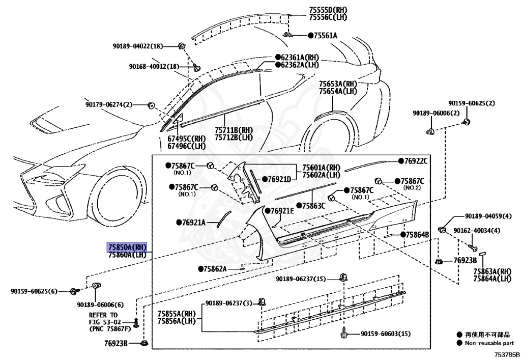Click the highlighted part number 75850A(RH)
127,247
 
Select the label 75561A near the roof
326,36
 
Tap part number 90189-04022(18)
137,46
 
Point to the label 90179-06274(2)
108,105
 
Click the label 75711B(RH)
234,130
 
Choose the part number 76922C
416,161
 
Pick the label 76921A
194,223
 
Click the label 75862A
215,268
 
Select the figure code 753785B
506,355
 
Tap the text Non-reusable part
489,343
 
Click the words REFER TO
103,315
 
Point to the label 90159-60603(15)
386,334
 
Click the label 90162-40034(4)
477,230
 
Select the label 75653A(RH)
338,84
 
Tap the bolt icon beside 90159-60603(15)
344,333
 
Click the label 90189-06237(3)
228,303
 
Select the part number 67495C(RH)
186,139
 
